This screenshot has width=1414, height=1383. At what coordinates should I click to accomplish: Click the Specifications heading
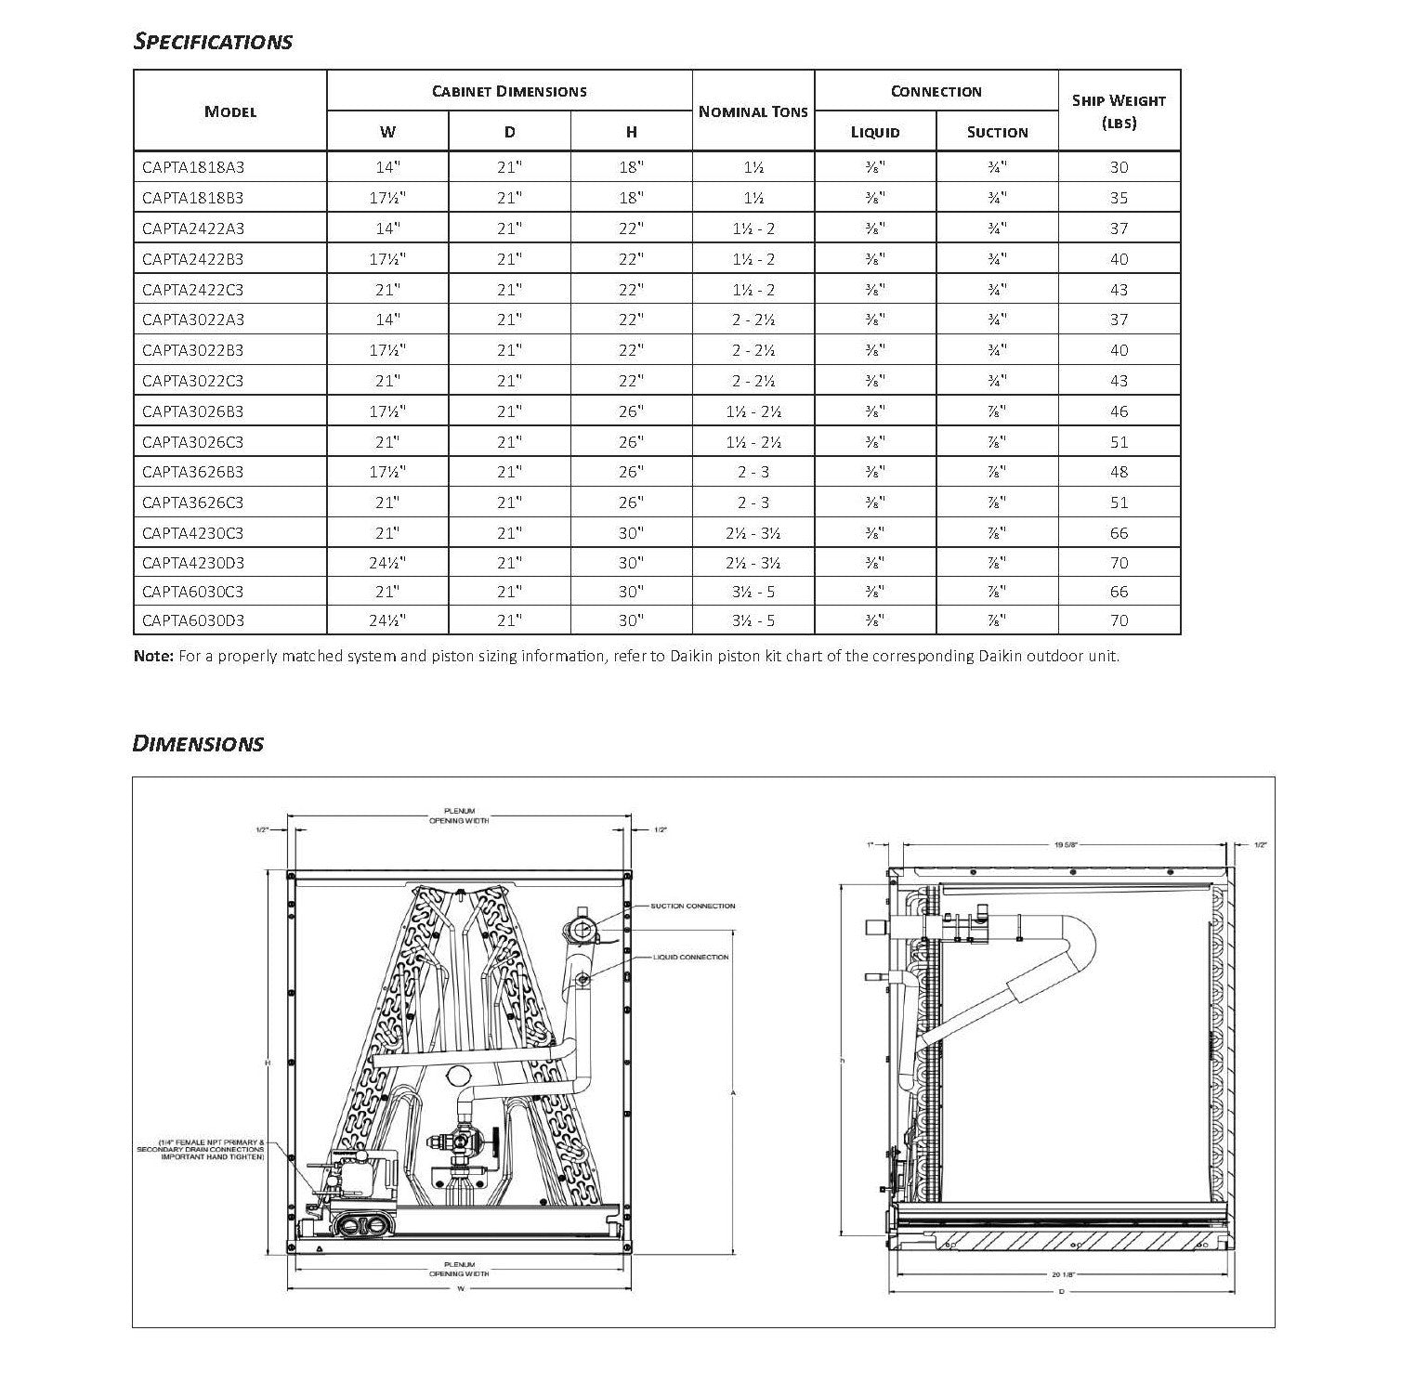[x=213, y=42]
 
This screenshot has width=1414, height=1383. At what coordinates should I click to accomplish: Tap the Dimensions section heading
[x=198, y=744]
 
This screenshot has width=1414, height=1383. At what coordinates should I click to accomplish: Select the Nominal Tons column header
[x=753, y=111]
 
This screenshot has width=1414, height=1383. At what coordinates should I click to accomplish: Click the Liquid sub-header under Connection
[x=875, y=132]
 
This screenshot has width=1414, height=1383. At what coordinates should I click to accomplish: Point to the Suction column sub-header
[x=997, y=132]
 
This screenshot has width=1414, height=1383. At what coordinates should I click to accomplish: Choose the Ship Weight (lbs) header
[x=1119, y=111]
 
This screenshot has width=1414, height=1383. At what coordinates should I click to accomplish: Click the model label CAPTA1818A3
[x=193, y=168]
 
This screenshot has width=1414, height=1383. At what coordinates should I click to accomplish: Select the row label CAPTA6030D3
[x=193, y=620]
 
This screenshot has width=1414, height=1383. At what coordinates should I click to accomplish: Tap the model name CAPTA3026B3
[x=193, y=411]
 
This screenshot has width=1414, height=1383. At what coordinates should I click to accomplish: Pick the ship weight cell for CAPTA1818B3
[x=1119, y=198]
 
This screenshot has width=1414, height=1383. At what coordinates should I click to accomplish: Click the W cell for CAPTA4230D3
[x=387, y=563]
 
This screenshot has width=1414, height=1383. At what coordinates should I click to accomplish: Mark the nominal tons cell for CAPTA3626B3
[x=753, y=472]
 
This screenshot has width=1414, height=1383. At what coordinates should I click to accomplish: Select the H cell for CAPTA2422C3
[x=631, y=290]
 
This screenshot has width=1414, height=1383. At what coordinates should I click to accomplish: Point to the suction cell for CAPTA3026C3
[x=997, y=442]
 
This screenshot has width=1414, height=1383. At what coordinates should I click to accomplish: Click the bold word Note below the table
[x=153, y=657]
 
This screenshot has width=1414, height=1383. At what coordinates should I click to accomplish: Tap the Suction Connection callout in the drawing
[x=692, y=906]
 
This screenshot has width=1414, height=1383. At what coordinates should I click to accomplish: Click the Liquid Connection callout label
[x=691, y=957]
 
